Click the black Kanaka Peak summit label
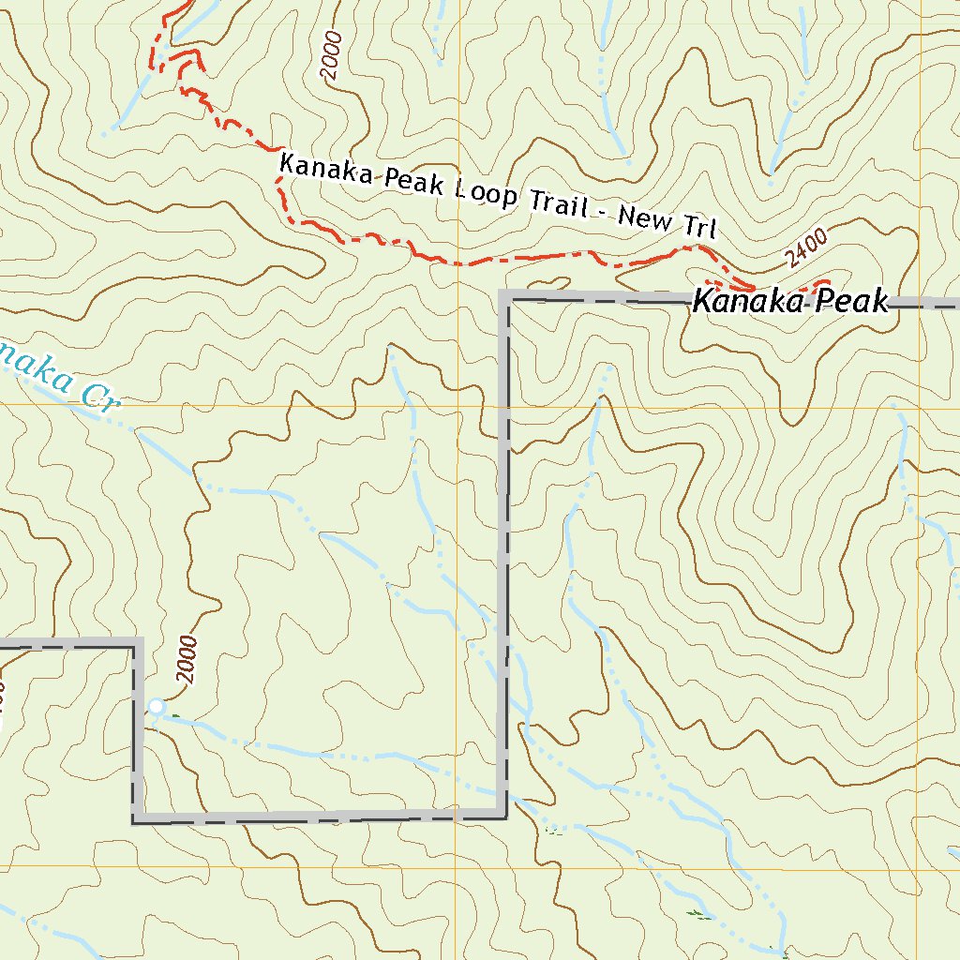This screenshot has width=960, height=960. [x=789, y=302]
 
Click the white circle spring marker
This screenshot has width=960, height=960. [x=157, y=706]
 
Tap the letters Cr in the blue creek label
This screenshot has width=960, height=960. [x=98, y=397]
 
